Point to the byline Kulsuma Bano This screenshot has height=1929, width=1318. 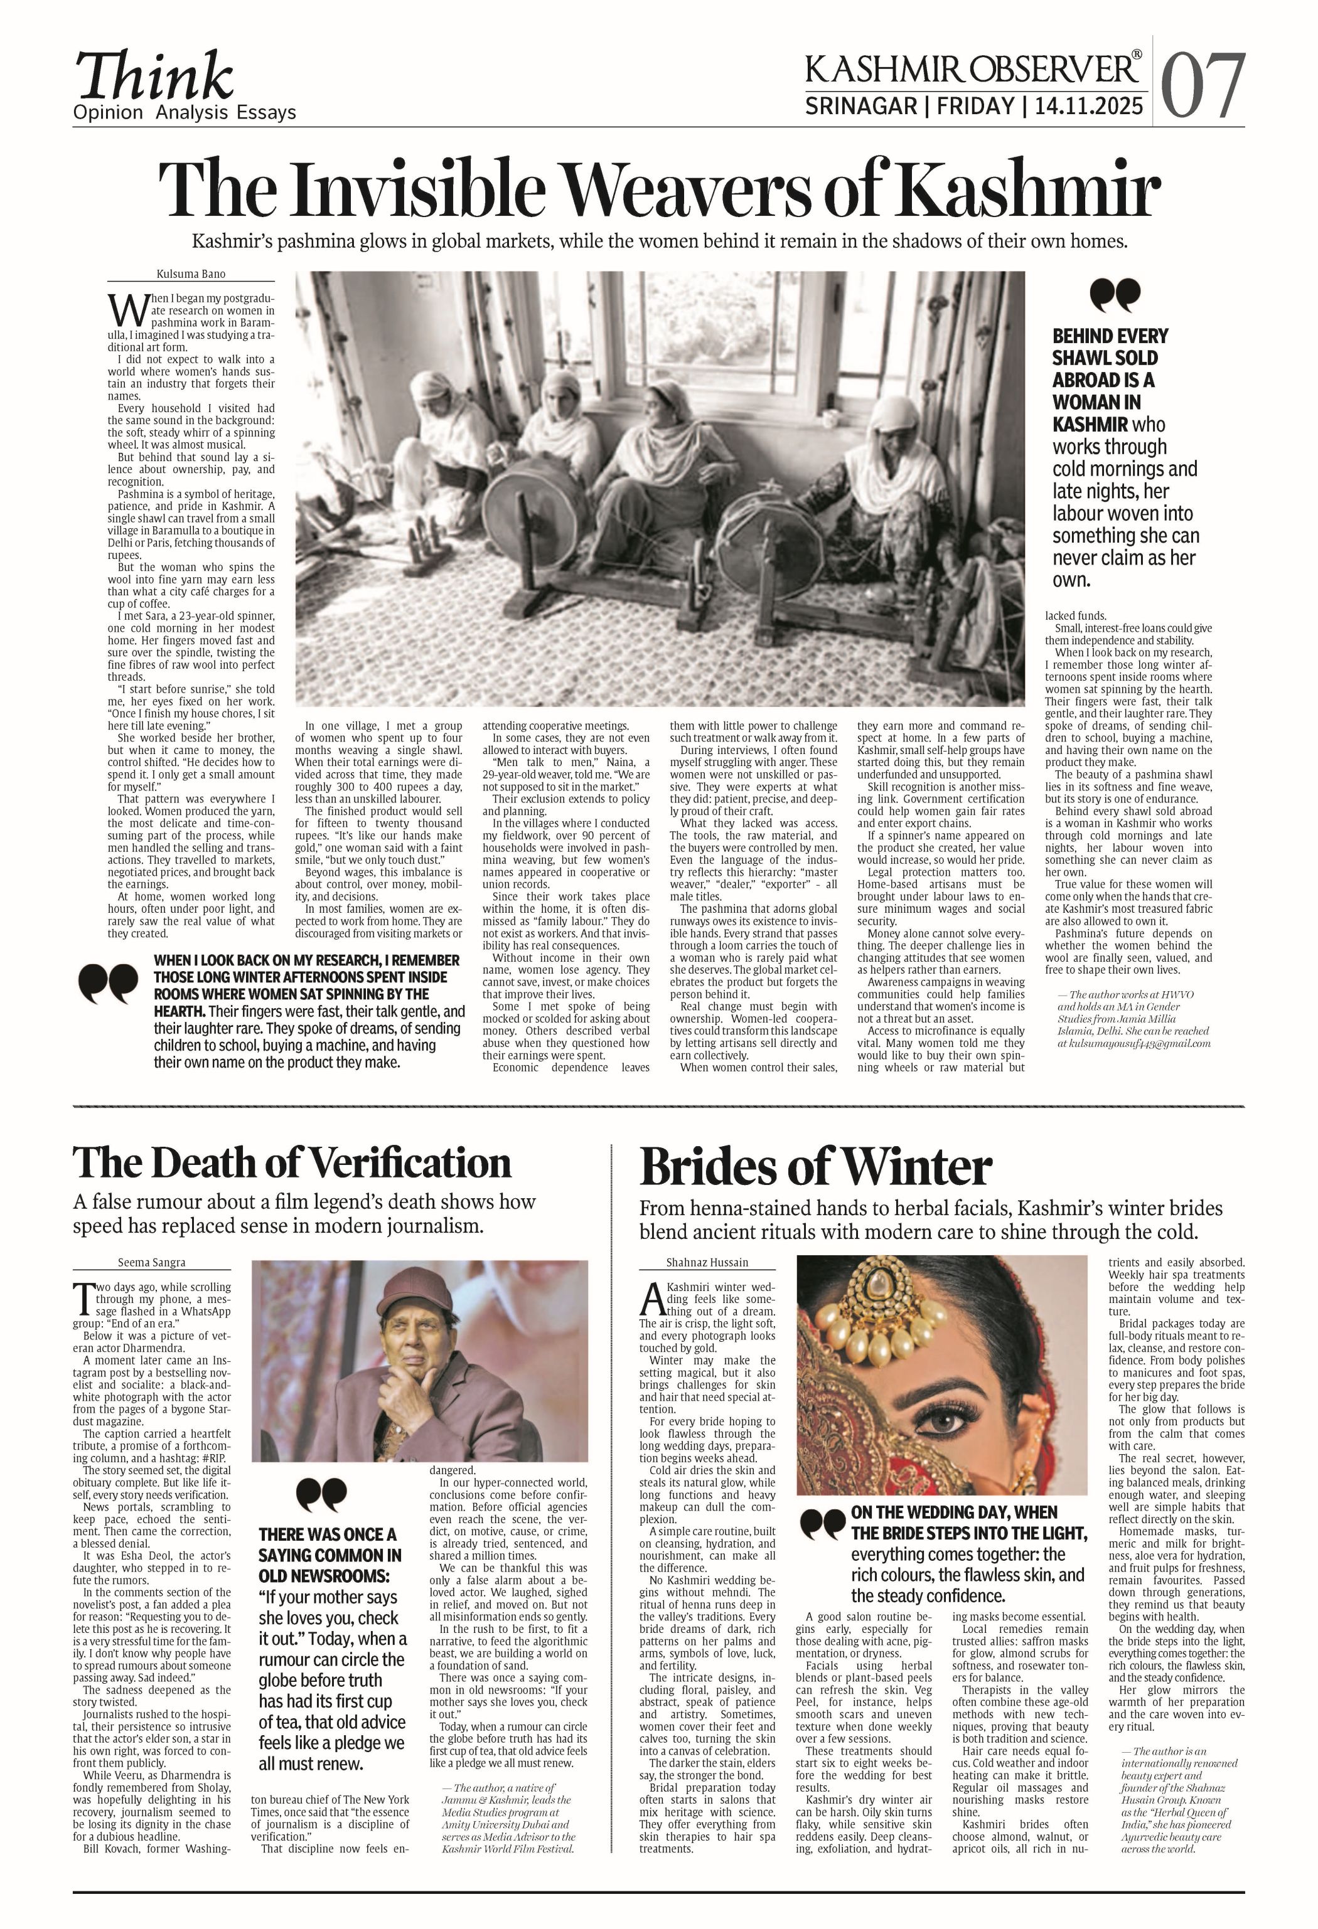pyautogui.click(x=190, y=274)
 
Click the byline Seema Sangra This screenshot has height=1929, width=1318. pyautogui.click(x=151, y=1263)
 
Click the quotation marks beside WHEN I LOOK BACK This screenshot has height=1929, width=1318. pyautogui.click(x=108, y=984)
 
